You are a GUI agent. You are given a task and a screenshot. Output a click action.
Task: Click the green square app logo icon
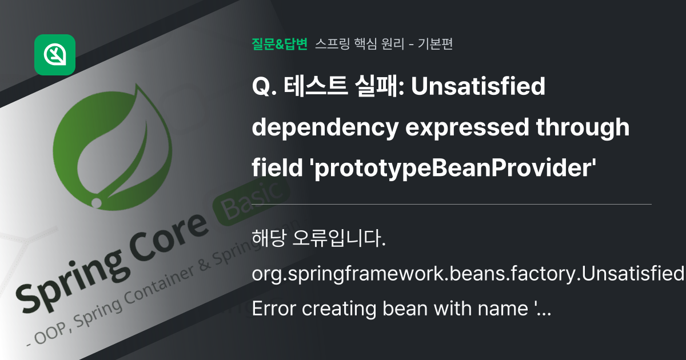pyautogui.click(x=55, y=55)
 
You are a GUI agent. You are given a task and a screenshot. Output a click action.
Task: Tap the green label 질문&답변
pyautogui.click(x=280, y=44)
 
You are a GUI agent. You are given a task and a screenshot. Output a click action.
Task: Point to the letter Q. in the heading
pyautogui.click(x=262, y=88)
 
